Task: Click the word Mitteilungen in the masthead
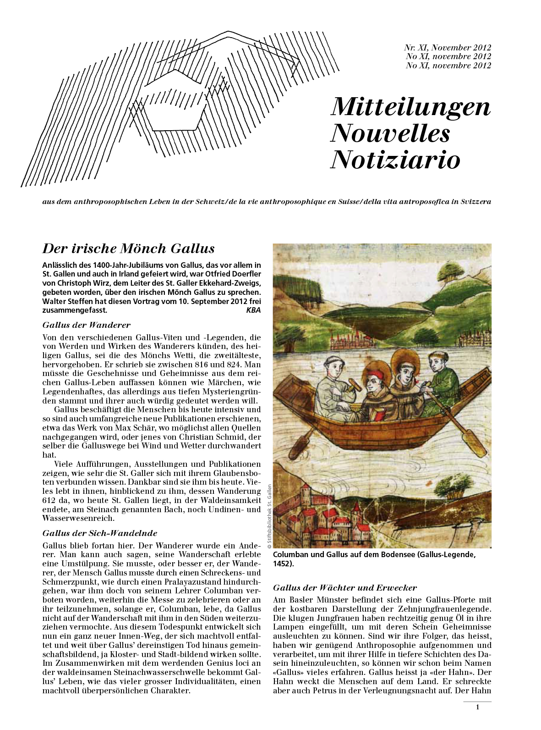coord(410,107)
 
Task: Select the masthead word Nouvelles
coord(390,133)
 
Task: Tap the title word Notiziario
coord(395,160)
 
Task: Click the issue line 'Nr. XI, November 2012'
coord(447,48)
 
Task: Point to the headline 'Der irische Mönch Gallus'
coord(128,249)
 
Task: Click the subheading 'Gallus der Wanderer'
coord(86,325)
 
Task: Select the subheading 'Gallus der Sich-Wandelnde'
coord(99,533)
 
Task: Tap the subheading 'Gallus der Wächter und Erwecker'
coord(345,588)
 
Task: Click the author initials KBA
coord(253,310)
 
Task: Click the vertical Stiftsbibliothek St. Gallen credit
coord(269,516)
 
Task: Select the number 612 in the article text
coord(49,500)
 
